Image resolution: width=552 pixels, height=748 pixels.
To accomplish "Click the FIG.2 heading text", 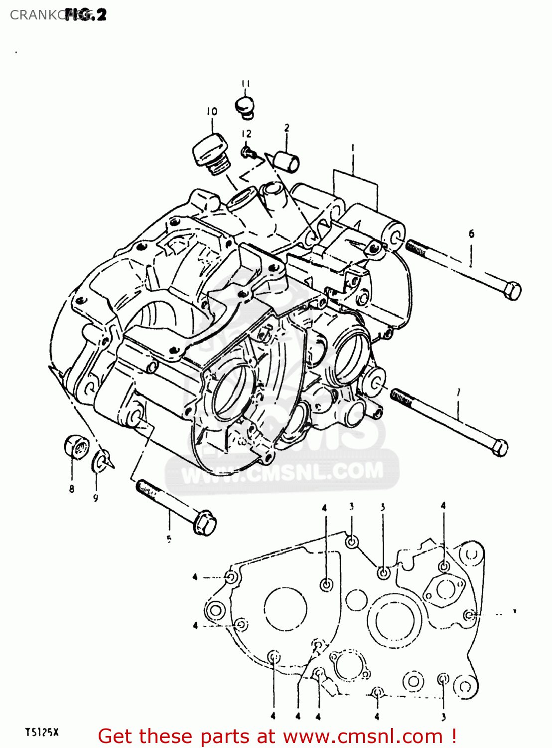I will (86, 15).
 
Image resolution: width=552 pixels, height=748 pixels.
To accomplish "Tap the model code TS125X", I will (42, 732).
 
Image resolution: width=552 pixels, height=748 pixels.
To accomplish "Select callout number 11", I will (246, 84).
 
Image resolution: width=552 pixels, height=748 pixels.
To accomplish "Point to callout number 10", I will (212, 112).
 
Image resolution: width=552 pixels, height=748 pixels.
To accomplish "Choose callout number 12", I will (247, 134).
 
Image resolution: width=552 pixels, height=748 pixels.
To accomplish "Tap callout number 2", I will (287, 128).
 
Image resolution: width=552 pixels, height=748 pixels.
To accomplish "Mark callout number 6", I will (471, 233).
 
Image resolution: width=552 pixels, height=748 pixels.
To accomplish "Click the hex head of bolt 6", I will (512, 290).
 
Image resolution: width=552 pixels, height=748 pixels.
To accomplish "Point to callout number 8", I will (72, 489).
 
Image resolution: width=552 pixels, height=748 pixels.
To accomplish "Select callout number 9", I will (96, 498).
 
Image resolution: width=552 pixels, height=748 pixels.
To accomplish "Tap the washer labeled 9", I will (100, 461).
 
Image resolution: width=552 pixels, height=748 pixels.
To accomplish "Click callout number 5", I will (169, 539).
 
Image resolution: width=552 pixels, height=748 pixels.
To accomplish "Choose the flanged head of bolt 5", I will (204, 523).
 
